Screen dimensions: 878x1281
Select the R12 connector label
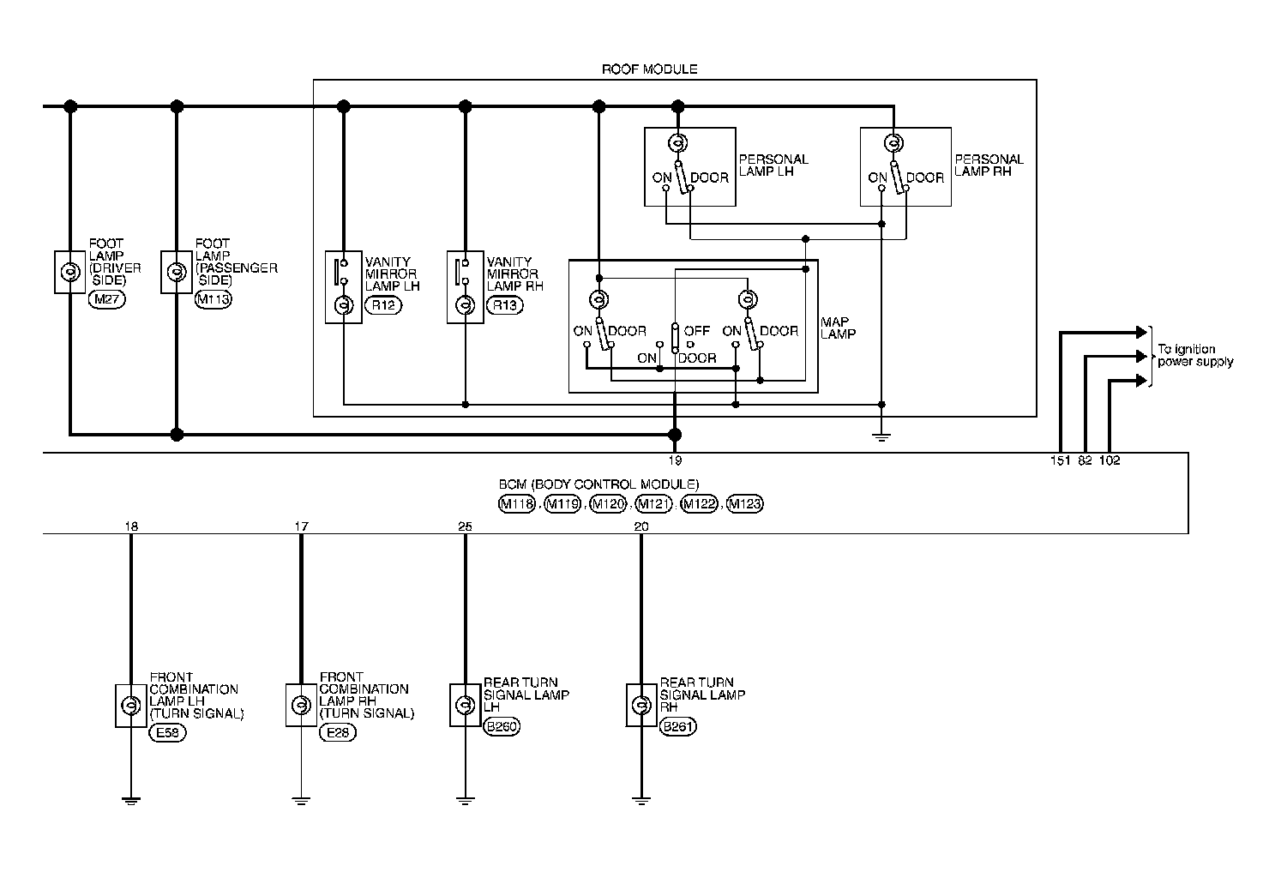pyautogui.click(x=383, y=304)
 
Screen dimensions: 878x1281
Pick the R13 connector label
pyautogui.click(x=504, y=304)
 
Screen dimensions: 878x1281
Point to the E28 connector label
pyautogui.click(x=337, y=733)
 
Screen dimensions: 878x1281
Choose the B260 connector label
pyautogui.click(x=502, y=727)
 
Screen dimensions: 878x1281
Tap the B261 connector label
pyautogui.click(x=678, y=727)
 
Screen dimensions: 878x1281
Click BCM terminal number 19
pyautogui.click(x=675, y=460)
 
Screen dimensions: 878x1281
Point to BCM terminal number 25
pyautogui.click(x=465, y=526)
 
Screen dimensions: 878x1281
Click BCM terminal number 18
pyautogui.click(x=130, y=526)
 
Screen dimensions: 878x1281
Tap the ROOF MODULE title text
pyautogui.click(x=650, y=69)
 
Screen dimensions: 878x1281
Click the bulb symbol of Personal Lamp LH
pyautogui.click(x=677, y=143)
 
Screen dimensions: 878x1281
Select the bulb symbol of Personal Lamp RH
pyautogui.click(x=893, y=143)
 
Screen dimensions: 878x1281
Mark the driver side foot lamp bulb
pyautogui.click(x=69, y=272)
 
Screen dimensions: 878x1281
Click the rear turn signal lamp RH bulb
pyautogui.click(x=640, y=706)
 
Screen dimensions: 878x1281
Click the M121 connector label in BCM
pyautogui.click(x=655, y=503)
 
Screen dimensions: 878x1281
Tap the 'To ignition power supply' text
pyautogui.click(x=1195, y=356)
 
